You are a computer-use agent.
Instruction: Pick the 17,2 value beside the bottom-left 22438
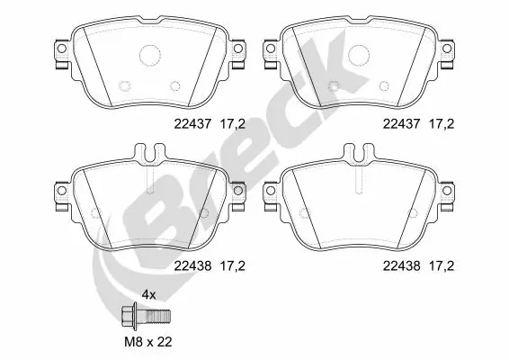[229, 265]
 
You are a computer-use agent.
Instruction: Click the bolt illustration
[146, 318]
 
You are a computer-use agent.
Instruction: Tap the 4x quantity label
[150, 295]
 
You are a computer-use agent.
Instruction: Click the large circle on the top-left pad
[148, 56]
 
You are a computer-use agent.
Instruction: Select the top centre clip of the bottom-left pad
[148, 156]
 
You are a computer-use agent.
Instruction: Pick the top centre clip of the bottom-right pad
[359, 156]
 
